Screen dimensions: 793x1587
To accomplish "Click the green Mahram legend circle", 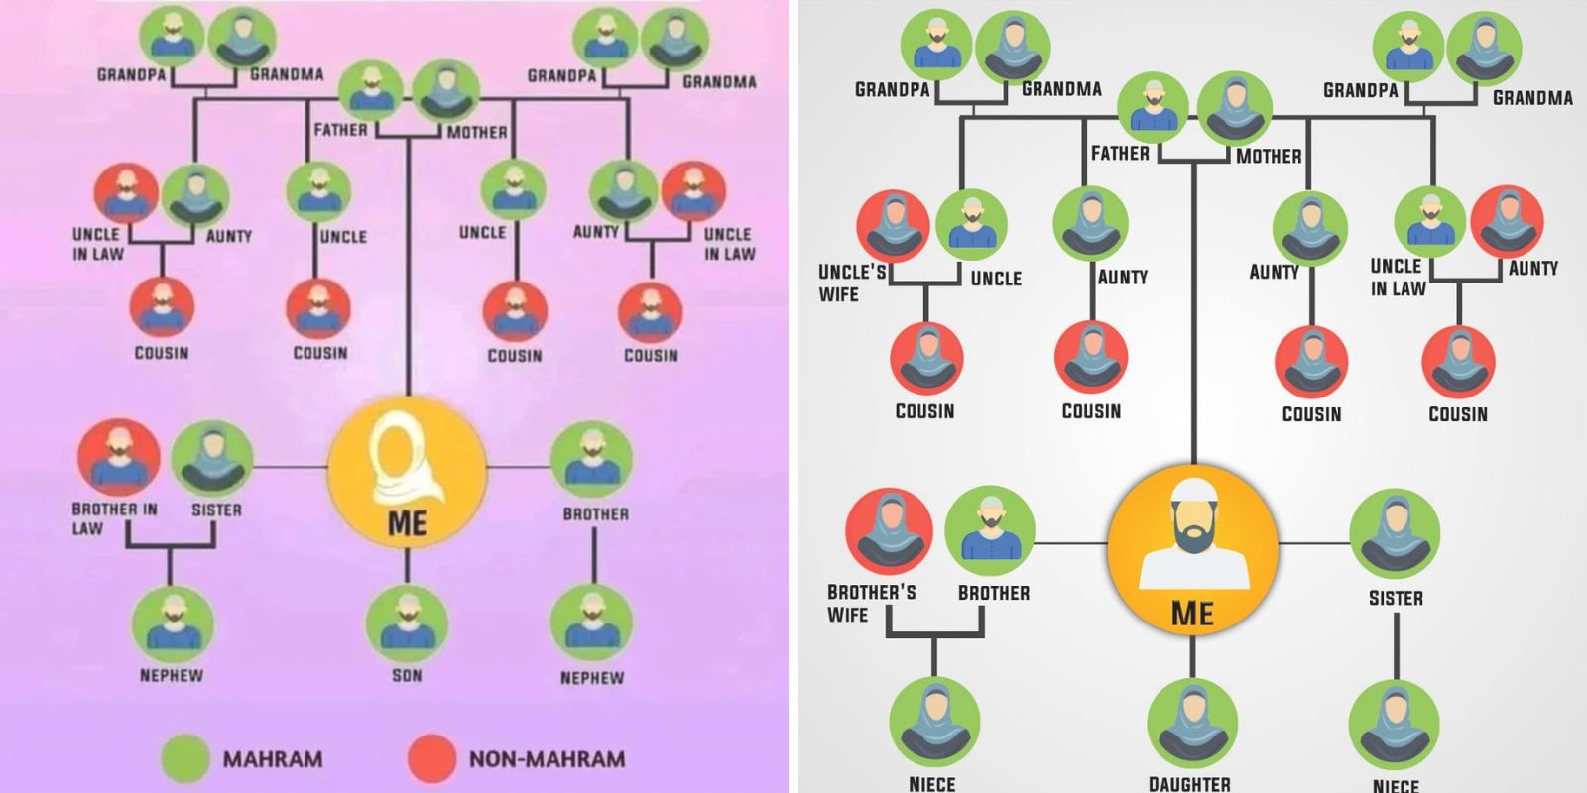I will pyautogui.click(x=186, y=759).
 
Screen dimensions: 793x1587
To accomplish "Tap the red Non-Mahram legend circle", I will pyautogui.click(x=431, y=759).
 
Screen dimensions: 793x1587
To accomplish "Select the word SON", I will pyautogui.click(x=407, y=676).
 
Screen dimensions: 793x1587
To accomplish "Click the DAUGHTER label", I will pyautogui.click(x=1189, y=783).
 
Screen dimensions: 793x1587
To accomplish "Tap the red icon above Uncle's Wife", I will pyautogui.click(x=893, y=226).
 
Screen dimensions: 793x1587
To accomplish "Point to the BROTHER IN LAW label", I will pyautogui.click(x=113, y=518).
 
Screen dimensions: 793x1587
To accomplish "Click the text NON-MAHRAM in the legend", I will pyautogui.click(x=547, y=760).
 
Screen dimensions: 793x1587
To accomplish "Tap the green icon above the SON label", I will pyautogui.click(x=407, y=622).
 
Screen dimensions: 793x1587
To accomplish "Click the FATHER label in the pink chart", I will pyautogui.click(x=340, y=130).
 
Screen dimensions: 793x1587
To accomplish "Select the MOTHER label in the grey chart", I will pyautogui.click(x=1269, y=157).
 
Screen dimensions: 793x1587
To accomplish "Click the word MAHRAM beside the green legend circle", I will pyautogui.click(x=273, y=760).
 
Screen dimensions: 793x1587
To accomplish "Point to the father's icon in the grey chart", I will pyautogui.click(x=1153, y=110).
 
